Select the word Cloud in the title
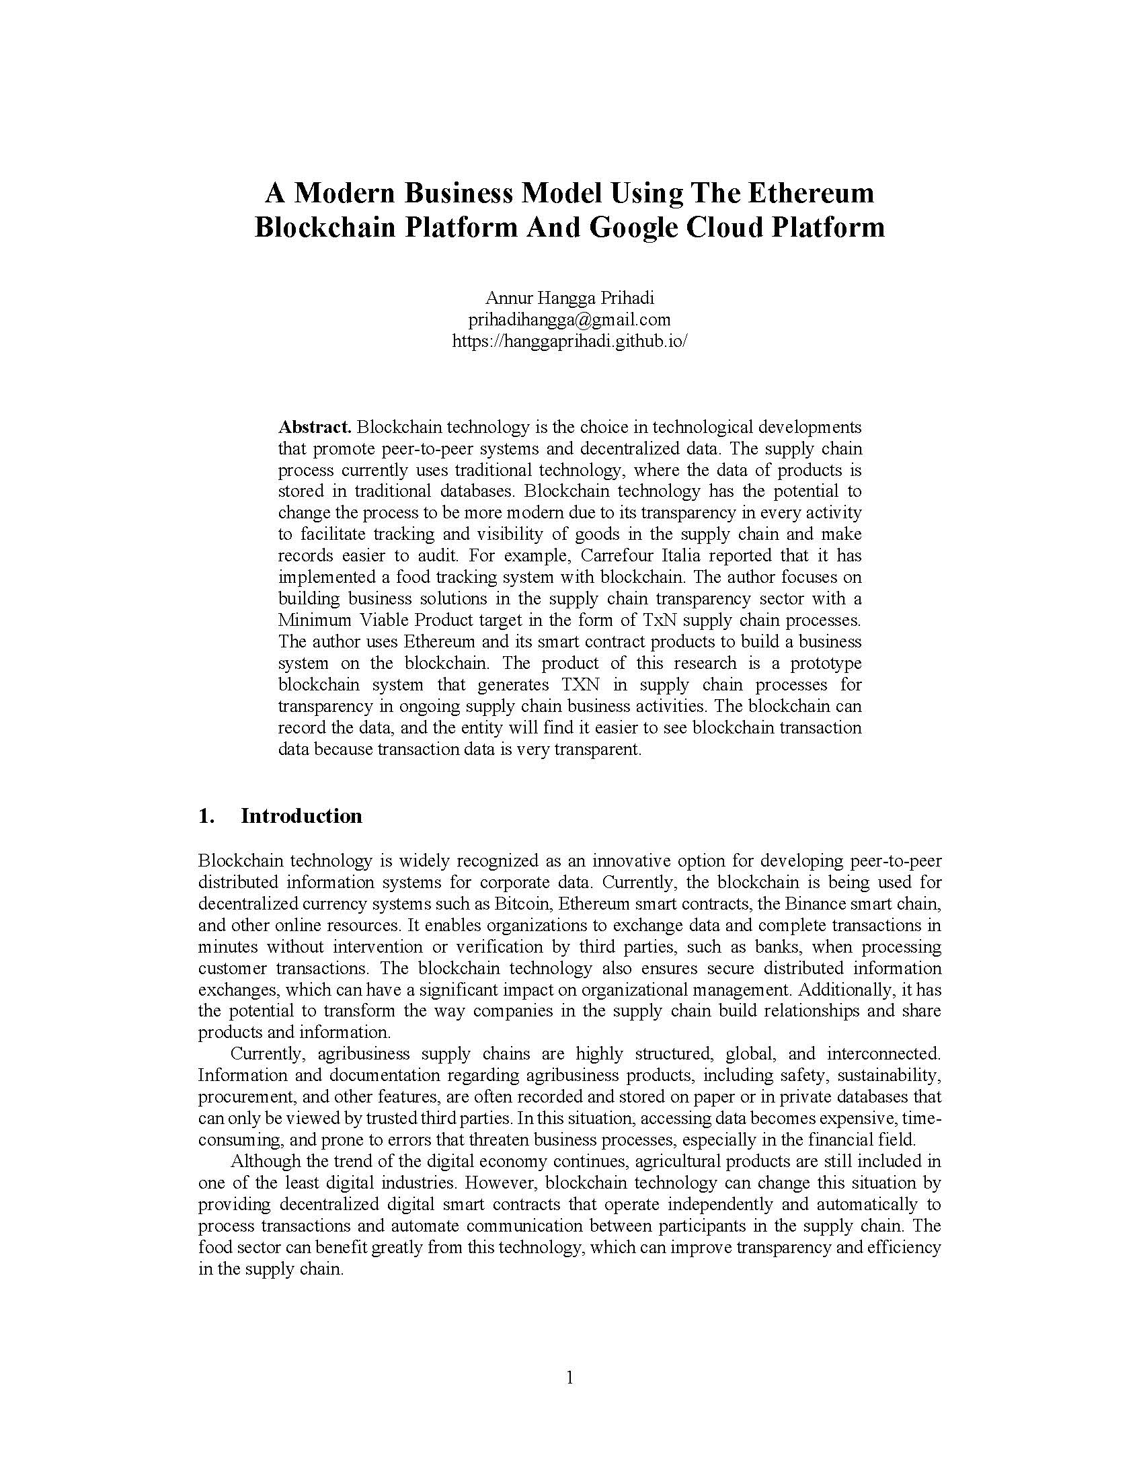pyautogui.click(x=723, y=227)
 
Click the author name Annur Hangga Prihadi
pyautogui.click(x=569, y=298)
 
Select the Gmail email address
pyautogui.click(x=569, y=319)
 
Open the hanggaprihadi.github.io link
pyautogui.click(x=569, y=341)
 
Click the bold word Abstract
pyautogui.click(x=315, y=428)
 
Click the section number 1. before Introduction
pyautogui.click(x=206, y=816)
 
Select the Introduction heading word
pyautogui.click(x=301, y=816)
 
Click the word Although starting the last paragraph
pyautogui.click(x=265, y=1162)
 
